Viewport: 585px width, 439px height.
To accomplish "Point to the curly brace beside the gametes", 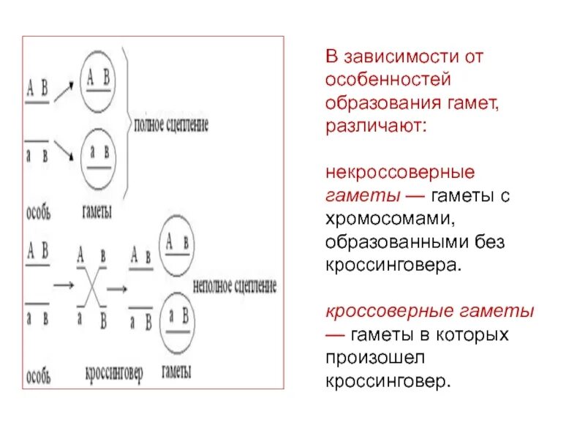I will [x=127, y=121].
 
